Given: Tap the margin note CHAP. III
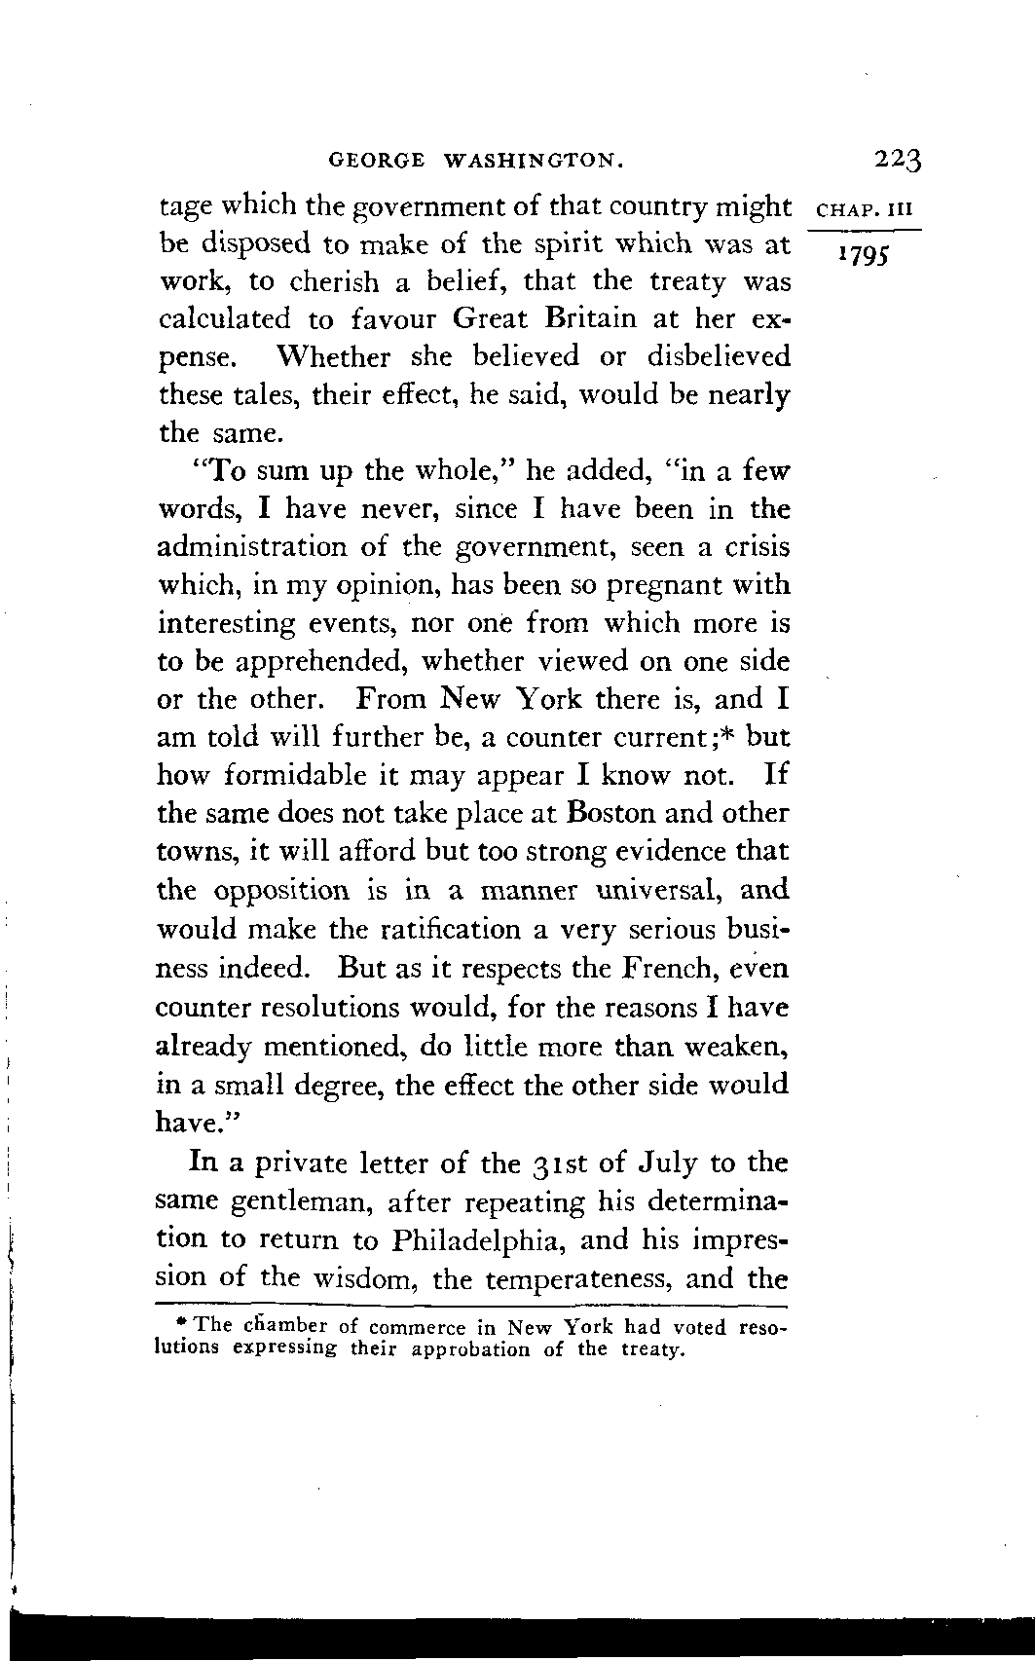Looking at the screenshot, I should (865, 208).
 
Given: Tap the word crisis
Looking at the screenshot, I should (757, 547).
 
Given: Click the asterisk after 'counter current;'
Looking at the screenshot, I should (728, 732).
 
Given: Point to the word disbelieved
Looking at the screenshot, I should (719, 357).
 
